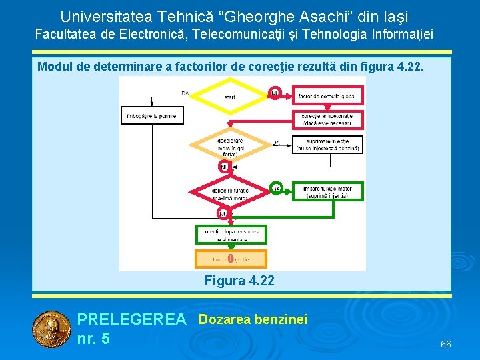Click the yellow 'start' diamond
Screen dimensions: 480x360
coord(229,97)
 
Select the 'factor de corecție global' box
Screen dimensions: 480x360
coord(327,97)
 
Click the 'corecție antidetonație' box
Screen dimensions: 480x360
coord(327,120)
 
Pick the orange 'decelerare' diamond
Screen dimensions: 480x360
coord(229,145)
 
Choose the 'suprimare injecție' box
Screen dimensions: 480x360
coord(327,145)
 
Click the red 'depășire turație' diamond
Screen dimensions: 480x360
coord(229,193)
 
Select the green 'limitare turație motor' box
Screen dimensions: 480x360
coord(328,192)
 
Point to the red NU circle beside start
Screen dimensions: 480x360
coord(274,93)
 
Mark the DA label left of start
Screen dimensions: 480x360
coord(185,94)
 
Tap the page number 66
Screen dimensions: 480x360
coord(446,344)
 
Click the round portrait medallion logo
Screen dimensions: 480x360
coord(51,329)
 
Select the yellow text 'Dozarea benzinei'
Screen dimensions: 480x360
coord(253,320)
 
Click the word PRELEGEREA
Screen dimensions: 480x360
coord(131,320)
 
